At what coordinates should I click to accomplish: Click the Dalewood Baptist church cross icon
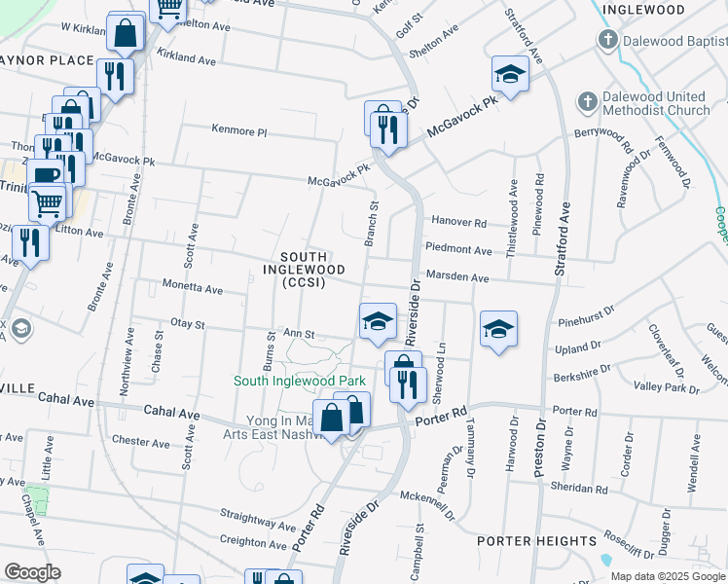pyautogui.click(x=608, y=40)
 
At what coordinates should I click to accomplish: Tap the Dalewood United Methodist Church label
pyautogui.click(x=655, y=103)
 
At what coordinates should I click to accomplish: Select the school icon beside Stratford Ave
pyautogui.click(x=510, y=74)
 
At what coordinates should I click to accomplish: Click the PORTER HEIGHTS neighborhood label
pyautogui.click(x=536, y=540)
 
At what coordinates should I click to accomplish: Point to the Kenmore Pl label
pyautogui.click(x=239, y=130)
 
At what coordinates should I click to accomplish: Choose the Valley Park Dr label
pyautogui.click(x=667, y=388)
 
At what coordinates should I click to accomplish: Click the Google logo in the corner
pyautogui.click(x=32, y=572)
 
